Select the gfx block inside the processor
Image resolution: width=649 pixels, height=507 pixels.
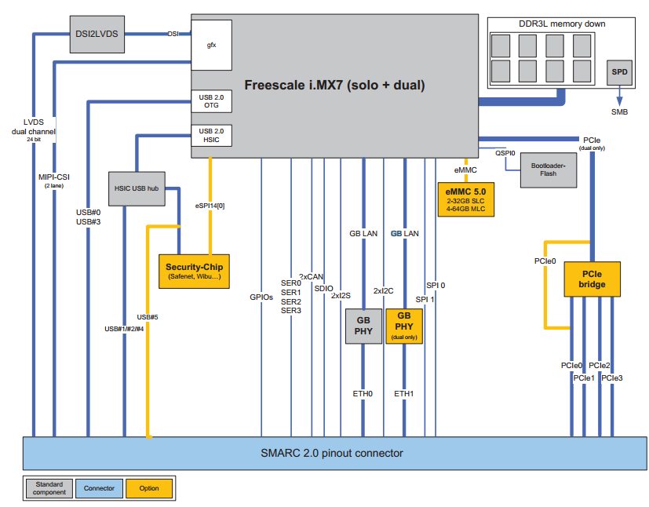coord(212,45)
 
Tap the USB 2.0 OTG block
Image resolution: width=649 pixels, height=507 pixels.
coord(212,100)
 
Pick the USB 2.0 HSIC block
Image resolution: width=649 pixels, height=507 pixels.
coord(212,136)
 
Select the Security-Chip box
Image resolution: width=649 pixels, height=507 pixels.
coord(193,272)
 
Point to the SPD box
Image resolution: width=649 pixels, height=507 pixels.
coord(619,72)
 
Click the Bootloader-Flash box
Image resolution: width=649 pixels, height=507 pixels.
coord(549,170)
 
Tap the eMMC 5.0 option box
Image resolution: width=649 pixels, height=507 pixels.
coord(466,199)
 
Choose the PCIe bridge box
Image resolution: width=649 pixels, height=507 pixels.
coord(592,279)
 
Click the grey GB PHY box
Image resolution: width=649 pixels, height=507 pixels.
coord(364,326)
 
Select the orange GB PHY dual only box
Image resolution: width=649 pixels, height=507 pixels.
coord(404,326)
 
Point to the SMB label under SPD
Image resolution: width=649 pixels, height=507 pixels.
coord(619,112)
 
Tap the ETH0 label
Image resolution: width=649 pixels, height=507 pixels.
coord(363,393)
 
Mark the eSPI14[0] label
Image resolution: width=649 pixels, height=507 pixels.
coord(210,206)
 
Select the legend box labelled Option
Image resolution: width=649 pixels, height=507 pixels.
coord(149,488)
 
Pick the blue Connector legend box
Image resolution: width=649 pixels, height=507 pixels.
coord(99,488)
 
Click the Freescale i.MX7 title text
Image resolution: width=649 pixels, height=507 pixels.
coord(334,85)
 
